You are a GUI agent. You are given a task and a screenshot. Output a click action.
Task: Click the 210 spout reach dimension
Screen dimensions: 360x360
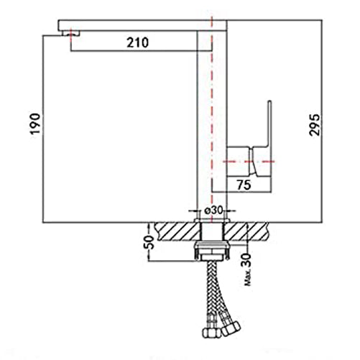click(x=137, y=42)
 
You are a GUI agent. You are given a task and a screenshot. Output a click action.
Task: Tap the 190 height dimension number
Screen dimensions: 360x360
click(x=35, y=124)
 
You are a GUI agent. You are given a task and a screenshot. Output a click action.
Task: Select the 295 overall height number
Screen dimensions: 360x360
click(x=314, y=125)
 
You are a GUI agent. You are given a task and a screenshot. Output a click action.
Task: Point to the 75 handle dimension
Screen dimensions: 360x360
click(x=244, y=185)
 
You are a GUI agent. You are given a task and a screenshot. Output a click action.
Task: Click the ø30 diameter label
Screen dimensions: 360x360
click(x=213, y=211)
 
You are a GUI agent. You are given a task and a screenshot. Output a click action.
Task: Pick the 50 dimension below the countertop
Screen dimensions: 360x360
click(x=149, y=242)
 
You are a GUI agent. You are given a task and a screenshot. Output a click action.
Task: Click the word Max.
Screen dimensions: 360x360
click(x=248, y=277)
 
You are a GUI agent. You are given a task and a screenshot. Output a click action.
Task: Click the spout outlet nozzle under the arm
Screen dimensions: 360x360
click(x=70, y=33)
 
